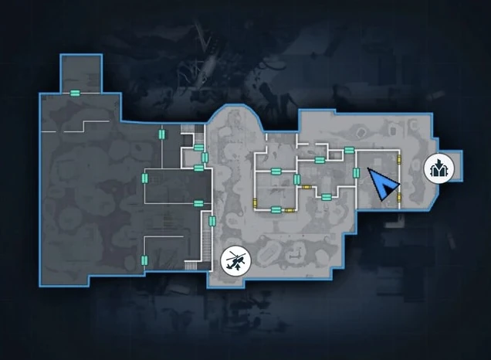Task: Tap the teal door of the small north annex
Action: coord(76,93)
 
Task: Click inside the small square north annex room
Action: coord(80,73)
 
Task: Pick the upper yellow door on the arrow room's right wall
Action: coord(399,160)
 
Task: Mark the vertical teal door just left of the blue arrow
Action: coord(356,172)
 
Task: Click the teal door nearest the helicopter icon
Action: coord(213,222)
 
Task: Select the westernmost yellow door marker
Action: coord(256,203)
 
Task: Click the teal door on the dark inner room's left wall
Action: coord(144,178)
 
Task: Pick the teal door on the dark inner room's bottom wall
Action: coord(198,203)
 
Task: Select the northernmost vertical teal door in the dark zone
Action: coord(161,134)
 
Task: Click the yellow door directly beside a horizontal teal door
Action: coord(289,209)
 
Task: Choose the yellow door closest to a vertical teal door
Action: coord(306,185)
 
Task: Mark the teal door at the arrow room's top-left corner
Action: coord(350,150)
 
